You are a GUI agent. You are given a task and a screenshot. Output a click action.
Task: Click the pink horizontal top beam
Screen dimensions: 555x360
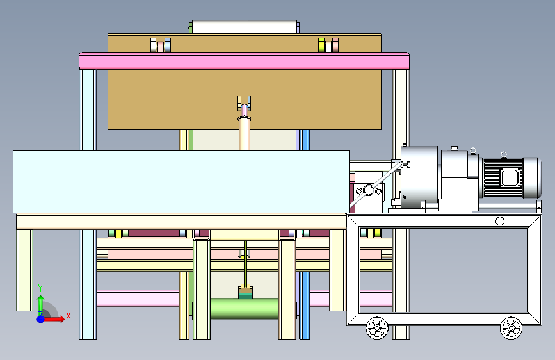[245, 61]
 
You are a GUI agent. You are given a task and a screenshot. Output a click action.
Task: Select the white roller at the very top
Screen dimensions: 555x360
[245, 28]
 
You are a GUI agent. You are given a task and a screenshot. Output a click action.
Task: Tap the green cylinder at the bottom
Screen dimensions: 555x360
[245, 308]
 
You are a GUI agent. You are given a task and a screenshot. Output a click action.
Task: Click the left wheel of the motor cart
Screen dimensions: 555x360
[377, 328]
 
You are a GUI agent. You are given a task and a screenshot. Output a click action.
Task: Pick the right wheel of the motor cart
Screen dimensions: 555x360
[511, 328]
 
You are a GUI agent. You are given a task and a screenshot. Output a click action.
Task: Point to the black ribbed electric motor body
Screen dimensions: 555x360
[503, 177]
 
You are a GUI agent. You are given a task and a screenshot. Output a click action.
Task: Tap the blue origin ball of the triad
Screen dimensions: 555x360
[41, 319]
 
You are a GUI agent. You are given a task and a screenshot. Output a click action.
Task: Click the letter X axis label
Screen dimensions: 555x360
[68, 316]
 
